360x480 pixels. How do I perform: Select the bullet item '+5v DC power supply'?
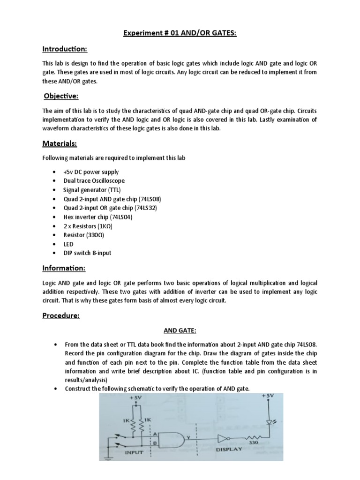(x=91, y=172)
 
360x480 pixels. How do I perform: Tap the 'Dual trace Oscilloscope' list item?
(x=94, y=181)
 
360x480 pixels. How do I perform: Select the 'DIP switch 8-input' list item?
(x=88, y=253)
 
